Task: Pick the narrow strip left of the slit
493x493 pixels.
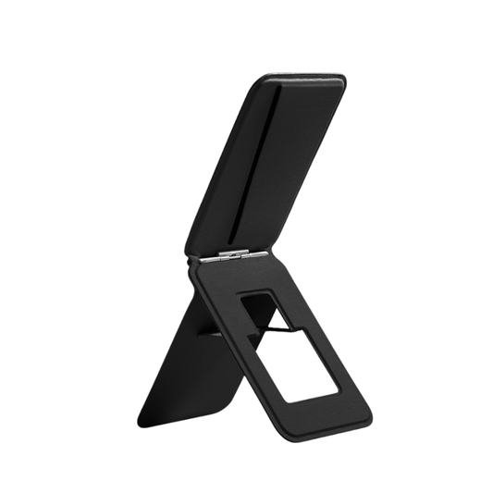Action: (222, 166)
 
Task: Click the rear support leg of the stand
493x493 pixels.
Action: (185, 370)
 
